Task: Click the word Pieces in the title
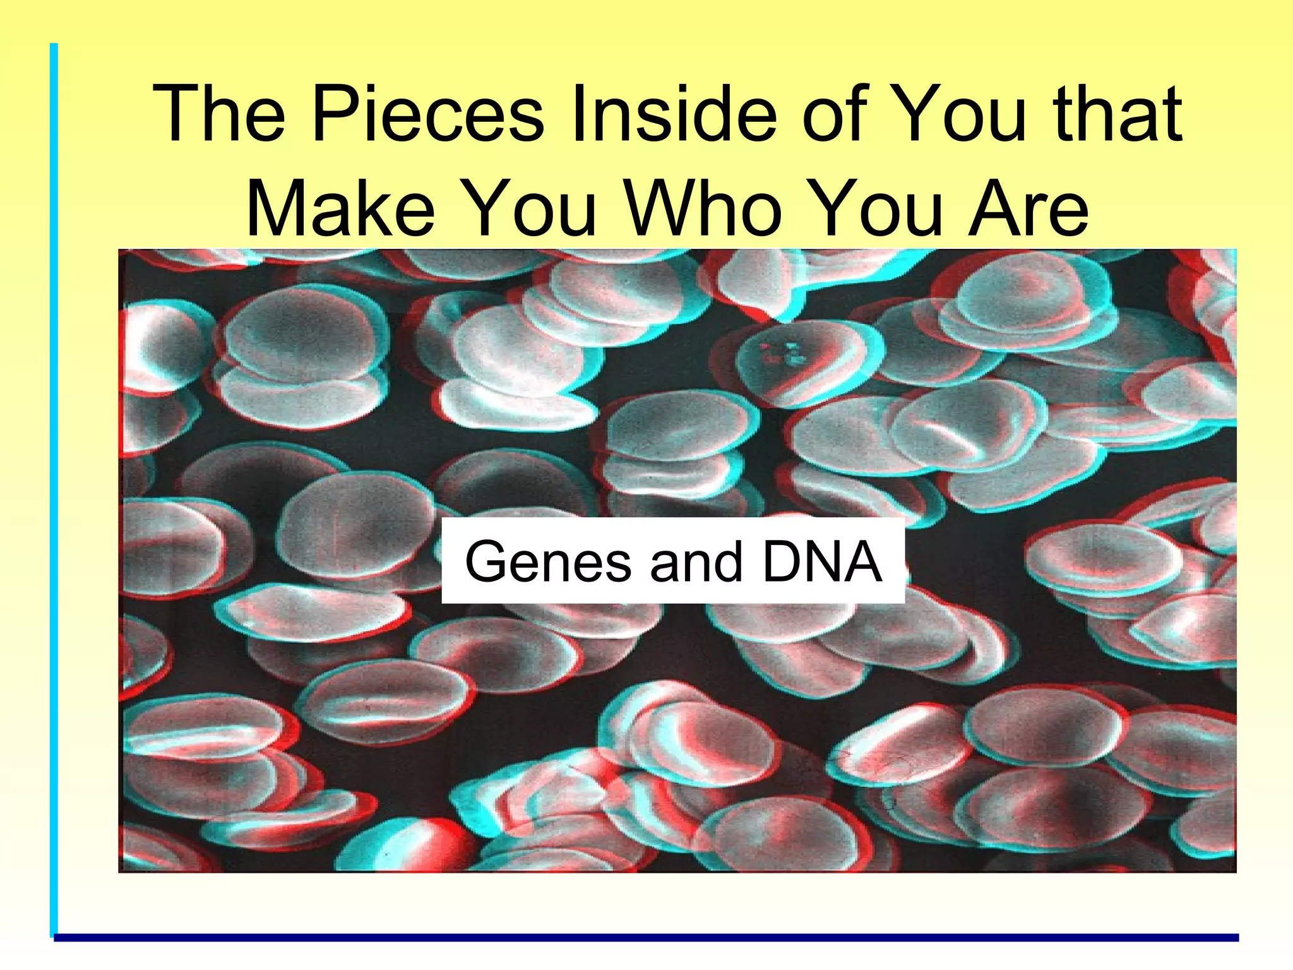[x=427, y=115]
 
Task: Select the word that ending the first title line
[x=1117, y=115]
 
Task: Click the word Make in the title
[x=340, y=208]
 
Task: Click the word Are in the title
[x=1029, y=208]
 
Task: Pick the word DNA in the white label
[x=821, y=561]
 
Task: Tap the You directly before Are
[x=877, y=208]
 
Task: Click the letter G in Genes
[x=486, y=561]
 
